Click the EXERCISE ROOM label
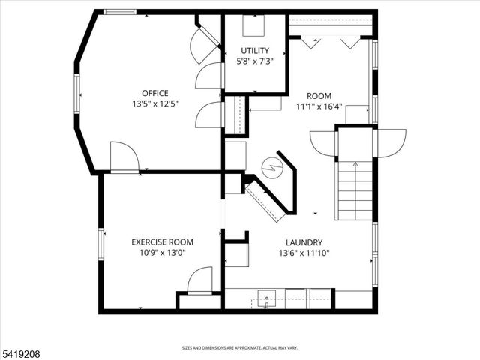tap(162, 241)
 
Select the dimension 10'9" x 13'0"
tap(162, 253)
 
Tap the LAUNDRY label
tap(304, 242)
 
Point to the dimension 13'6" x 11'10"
tap(304, 253)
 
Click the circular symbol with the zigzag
tap(271, 166)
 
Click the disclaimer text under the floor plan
tap(240, 347)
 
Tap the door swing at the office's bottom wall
tap(124, 157)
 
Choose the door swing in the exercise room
tap(200, 280)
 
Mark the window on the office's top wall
tap(119, 12)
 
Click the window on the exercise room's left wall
tap(100, 244)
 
